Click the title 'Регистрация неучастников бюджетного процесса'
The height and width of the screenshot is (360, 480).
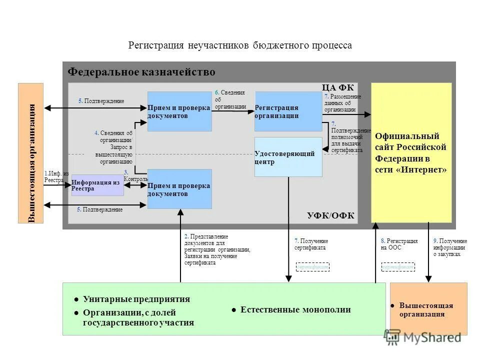pyautogui.click(x=240, y=45)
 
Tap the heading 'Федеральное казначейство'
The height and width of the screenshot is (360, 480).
pyautogui.click(x=141, y=72)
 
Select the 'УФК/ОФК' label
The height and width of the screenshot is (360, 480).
pyautogui.click(x=330, y=215)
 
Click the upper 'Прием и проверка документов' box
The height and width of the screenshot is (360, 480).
pyautogui.click(x=179, y=111)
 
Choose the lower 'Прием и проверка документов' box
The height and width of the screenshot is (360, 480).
pyautogui.click(x=179, y=189)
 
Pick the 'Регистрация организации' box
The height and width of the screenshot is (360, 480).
pyautogui.click(x=288, y=111)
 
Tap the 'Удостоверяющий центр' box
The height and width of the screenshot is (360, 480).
pyautogui.click(x=288, y=157)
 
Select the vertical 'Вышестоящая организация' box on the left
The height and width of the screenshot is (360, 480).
pyautogui.click(x=31, y=153)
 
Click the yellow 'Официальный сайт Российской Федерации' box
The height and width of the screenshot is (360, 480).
pyautogui.click(x=411, y=152)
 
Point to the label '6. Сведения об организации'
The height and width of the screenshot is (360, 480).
pyautogui.click(x=230, y=99)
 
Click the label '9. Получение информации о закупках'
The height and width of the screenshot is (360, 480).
pyautogui.click(x=449, y=247)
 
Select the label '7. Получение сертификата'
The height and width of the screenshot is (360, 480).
pyautogui.click(x=311, y=244)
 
